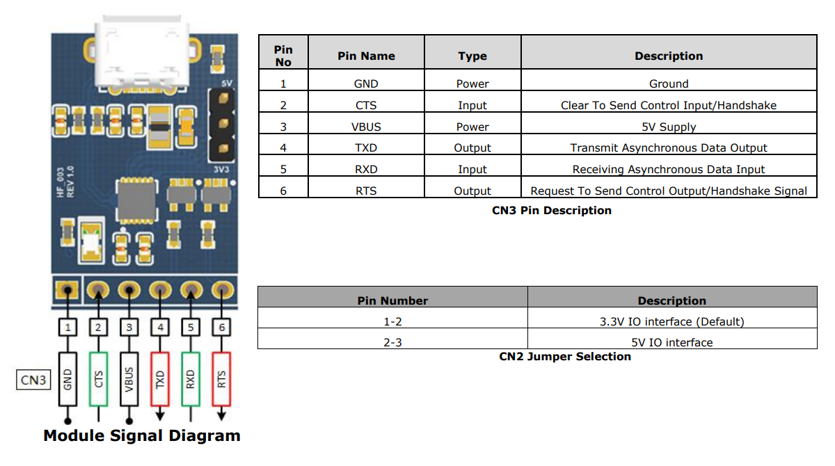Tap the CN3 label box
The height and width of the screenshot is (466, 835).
pyautogui.click(x=33, y=380)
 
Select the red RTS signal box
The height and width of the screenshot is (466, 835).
pyautogui.click(x=221, y=379)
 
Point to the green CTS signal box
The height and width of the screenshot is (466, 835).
pyautogui.click(x=99, y=379)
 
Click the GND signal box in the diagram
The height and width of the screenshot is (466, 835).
pyautogui.click(x=67, y=379)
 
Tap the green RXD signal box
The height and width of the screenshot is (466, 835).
pyautogui.click(x=191, y=379)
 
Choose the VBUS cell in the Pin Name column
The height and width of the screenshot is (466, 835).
pyautogui.click(x=366, y=127)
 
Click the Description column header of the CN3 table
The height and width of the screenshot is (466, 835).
pyautogui.click(x=668, y=56)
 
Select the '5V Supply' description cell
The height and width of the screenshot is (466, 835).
pyautogui.click(x=668, y=127)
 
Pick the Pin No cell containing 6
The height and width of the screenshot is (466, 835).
pyautogui.click(x=283, y=191)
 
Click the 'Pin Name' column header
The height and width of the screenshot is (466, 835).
pyautogui.click(x=366, y=56)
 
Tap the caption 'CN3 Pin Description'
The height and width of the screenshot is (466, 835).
pyautogui.click(x=551, y=210)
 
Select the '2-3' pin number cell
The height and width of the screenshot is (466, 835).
pyautogui.click(x=392, y=342)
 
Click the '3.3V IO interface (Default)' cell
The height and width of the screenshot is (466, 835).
pyautogui.click(x=671, y=321)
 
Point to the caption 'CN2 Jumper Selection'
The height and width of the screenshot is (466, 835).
pyautogui.click(x=564, y=356)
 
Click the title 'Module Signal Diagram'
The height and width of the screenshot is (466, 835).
pyautogui.click(x=142, y=436)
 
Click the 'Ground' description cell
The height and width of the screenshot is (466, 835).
pyautogui.click(x=668, y=83)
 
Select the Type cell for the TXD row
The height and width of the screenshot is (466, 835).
pyautogui.click(x=472, y=147)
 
